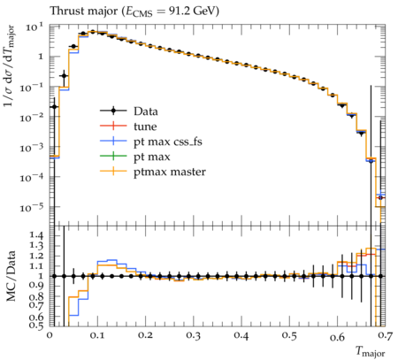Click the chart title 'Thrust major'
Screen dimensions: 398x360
[x=84, y=11]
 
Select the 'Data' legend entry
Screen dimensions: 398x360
[x=146, y=111]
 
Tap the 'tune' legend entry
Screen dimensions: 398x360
[x=145, y=126]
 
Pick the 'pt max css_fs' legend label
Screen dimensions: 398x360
[x=168, y=142]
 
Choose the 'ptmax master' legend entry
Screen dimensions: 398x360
[x=170, y=172]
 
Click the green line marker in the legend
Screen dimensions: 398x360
[x=113, y=156]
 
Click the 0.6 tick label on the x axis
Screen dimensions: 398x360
[x=337, y=336]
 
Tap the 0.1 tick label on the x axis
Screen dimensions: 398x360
[x=97, y=335]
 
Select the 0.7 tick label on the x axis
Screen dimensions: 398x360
[x=386, y=335]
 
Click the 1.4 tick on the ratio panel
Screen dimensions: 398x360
[x=36, y=235]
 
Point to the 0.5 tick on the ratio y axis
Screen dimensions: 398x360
[x=36, y=325]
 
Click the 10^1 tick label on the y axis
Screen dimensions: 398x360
[x=34, y=27]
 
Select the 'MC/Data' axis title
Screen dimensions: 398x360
[x=11, y=276]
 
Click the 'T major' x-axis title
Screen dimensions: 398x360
[x=371, y=352]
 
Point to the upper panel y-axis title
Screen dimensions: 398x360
[x=10, y=66]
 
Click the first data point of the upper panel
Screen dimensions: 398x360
[x=54, y=107]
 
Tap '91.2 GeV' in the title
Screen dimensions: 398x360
[x=192, y=11]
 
